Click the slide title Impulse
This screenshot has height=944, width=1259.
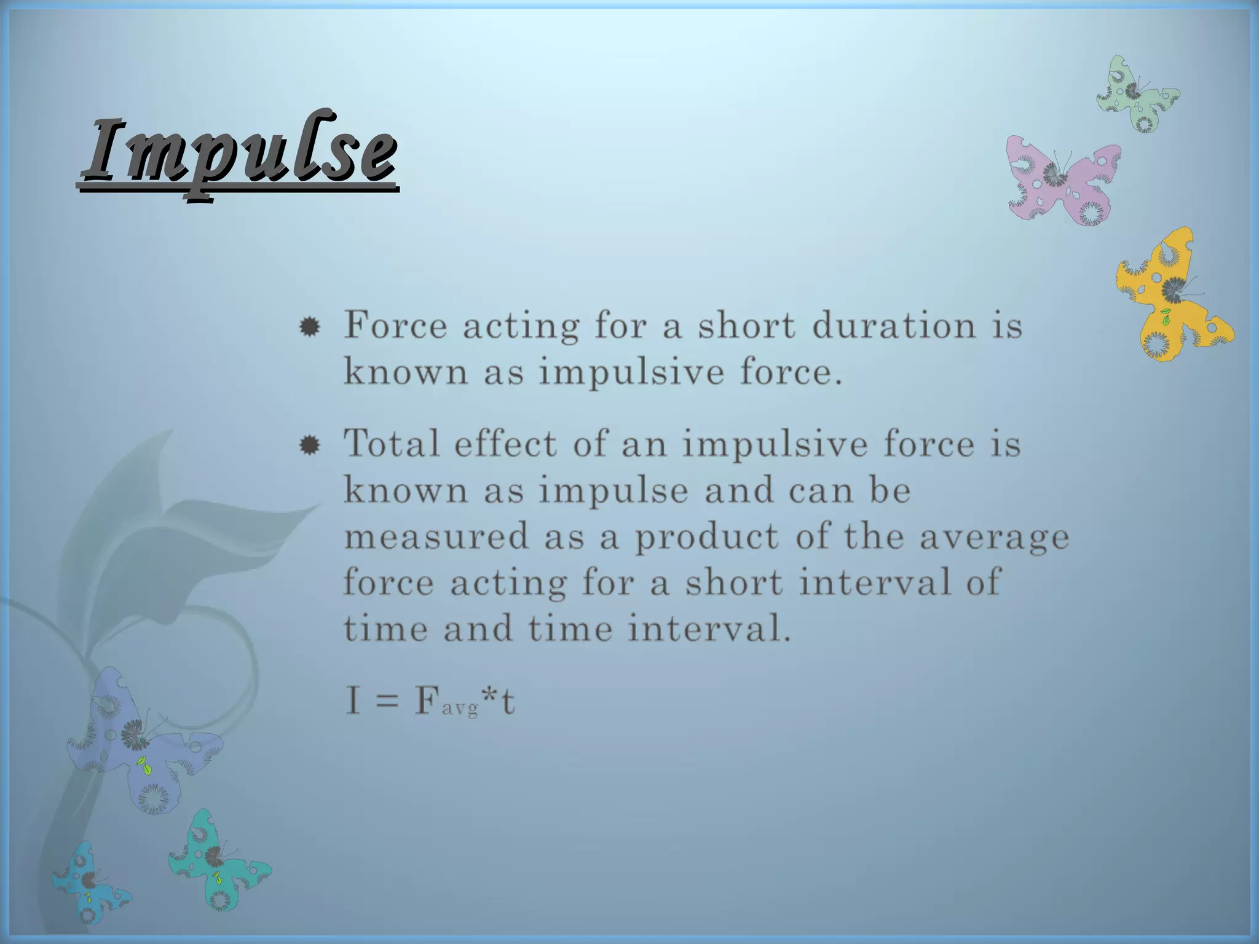(239, 151)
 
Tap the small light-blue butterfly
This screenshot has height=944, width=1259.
(89, 883)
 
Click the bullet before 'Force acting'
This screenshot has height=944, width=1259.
(309, 327)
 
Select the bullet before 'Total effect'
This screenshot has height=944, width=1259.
(309, 445)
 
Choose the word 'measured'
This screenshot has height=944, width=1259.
(436, 536)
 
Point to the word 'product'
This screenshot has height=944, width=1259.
(707, 537)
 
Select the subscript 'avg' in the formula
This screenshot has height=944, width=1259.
(460, 709)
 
